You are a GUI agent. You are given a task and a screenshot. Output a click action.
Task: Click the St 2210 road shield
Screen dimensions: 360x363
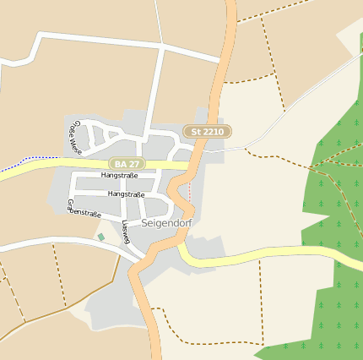click(207, 131)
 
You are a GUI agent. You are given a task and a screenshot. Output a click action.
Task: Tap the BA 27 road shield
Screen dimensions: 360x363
click(127, 163)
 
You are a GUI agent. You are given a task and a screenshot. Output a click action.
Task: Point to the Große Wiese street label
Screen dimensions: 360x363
click(74, 138)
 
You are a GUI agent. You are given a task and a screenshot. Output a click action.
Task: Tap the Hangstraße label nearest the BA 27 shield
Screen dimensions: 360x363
click(119, 176)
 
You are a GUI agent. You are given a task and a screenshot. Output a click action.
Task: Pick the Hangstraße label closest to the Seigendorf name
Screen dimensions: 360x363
click(127, 194)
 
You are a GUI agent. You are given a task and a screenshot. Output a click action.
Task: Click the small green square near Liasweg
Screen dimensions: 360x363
click(101, 237)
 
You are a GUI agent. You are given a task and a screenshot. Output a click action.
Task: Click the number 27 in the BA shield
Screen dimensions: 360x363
click(133, 163)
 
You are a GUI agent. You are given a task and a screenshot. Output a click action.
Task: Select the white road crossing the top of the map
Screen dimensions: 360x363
click(127, 41)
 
